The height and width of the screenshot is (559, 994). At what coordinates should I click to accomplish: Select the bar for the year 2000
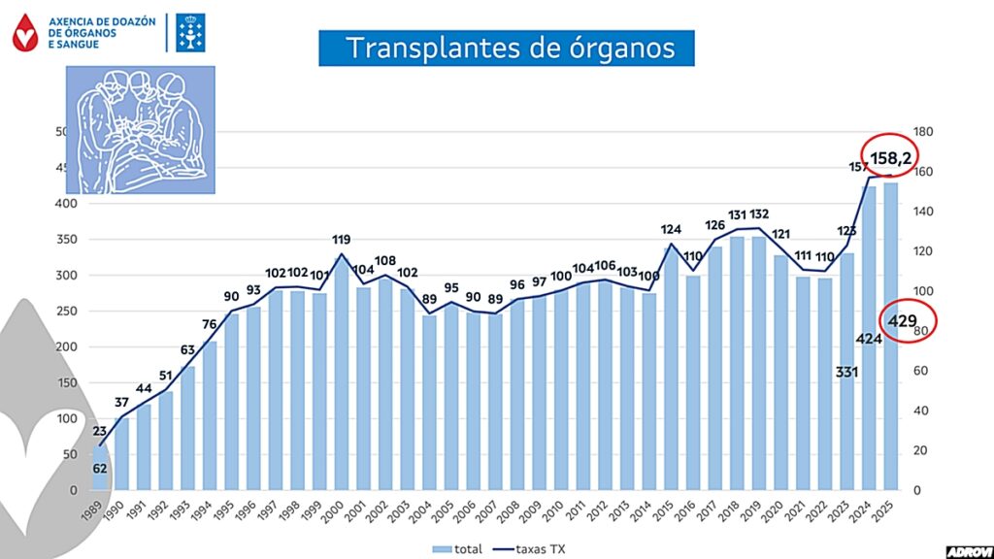pyautogui.click(x=341, y=378)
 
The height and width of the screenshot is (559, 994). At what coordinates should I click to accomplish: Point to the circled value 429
pyautogui.click(x=909, y=321)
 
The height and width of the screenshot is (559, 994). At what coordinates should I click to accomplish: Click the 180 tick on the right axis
pyautogui.click(x=922, y=132)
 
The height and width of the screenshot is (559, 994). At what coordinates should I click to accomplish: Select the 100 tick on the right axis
pyautogui.click(x=922, y=292)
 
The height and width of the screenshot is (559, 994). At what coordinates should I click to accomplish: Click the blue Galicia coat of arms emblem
pyautogui.click(x=188, y=33)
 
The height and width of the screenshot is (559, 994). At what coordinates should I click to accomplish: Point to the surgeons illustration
pyautogui.click(x=140, y=129)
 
